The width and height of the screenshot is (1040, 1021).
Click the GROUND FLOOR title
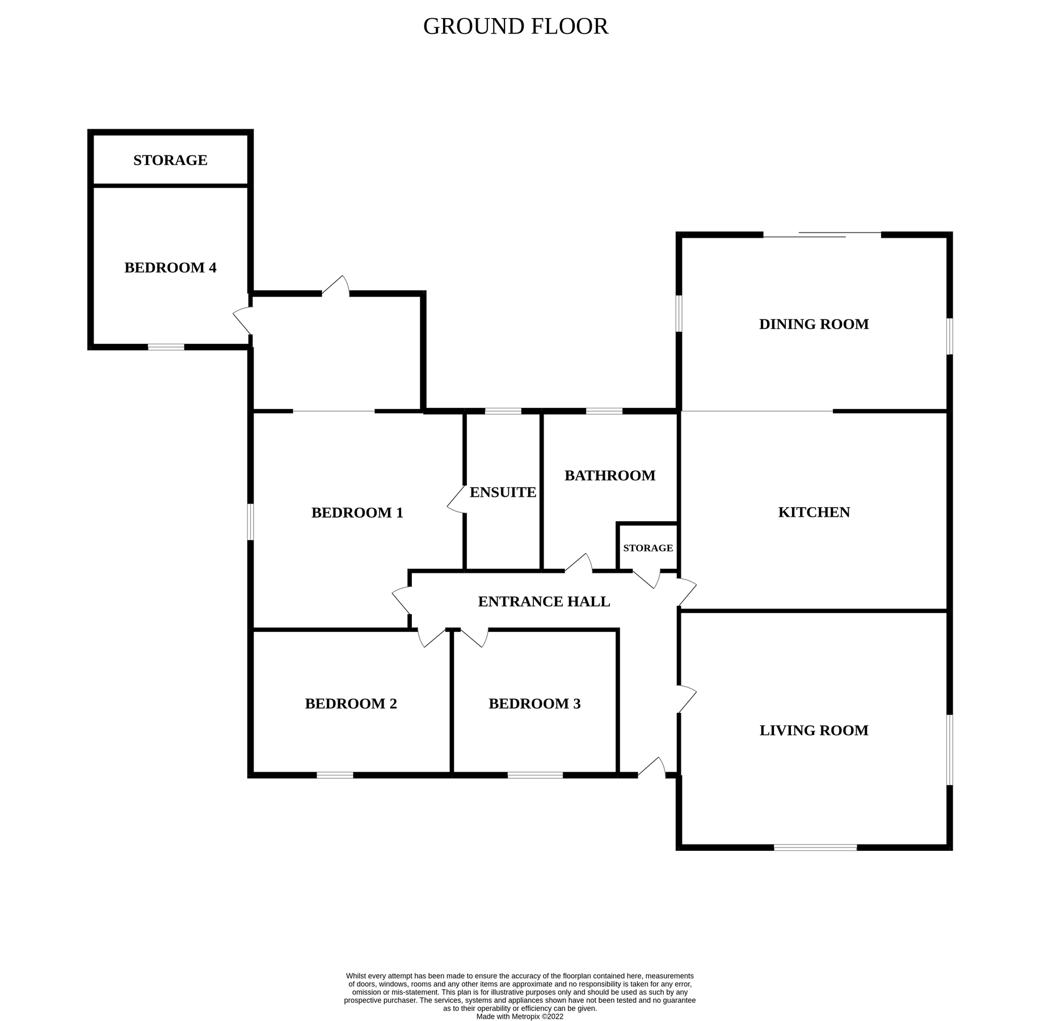[515, 27]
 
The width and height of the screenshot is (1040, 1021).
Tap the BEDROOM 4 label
[170, 268]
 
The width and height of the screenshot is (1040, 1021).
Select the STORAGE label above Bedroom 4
[170, 161]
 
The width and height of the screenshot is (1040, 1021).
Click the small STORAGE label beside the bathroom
[647, 548]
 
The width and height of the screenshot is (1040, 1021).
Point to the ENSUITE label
[503, 492]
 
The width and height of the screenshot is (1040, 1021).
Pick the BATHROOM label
[609, 475]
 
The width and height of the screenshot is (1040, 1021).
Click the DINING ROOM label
[814, 324]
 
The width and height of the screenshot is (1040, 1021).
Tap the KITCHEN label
[814, 512]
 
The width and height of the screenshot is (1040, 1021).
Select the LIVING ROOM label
[814, 731]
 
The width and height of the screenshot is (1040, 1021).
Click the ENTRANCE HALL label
[544, 602]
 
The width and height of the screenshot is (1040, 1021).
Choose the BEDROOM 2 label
[351, 704]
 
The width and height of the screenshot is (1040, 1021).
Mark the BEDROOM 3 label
[534, 704]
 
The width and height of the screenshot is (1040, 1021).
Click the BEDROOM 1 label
[357, 513]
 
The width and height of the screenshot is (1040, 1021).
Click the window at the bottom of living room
[815, 847]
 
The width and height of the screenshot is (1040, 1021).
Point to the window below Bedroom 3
[535, 775]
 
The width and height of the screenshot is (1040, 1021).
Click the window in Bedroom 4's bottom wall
[166, 347]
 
